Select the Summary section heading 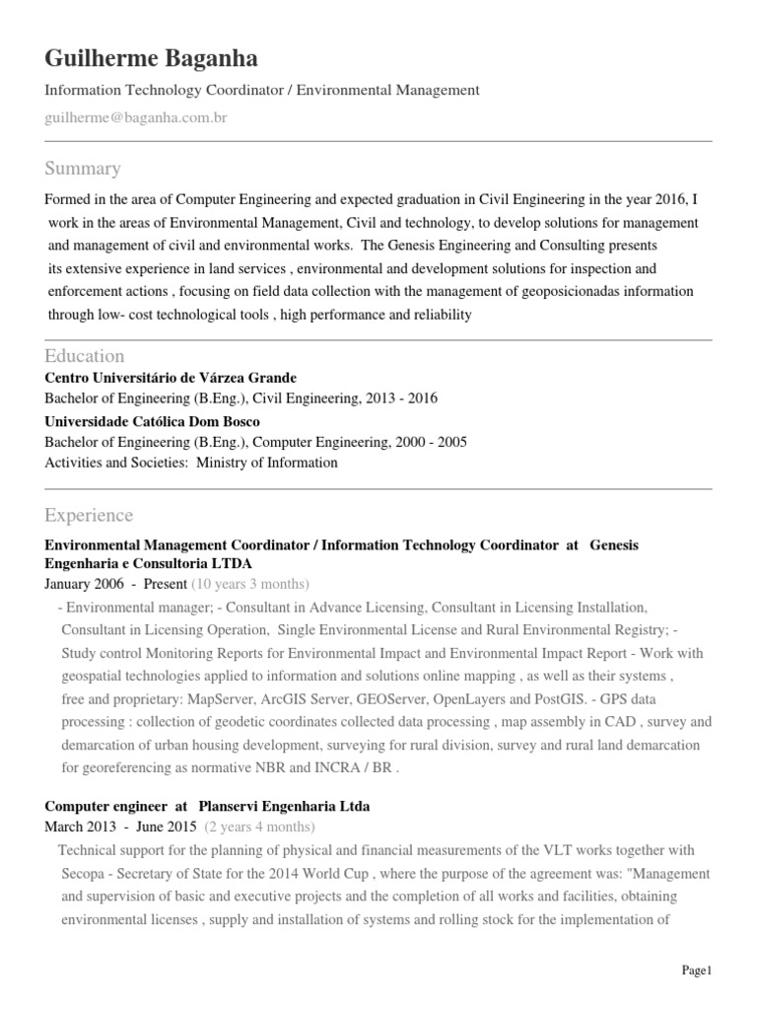[83, 168]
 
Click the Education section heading [85, 355]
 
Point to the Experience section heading [89, 515]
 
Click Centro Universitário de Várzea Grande [171, 378]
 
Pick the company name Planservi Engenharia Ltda [284, 806]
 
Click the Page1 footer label [696, 972]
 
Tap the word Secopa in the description [83, 874]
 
